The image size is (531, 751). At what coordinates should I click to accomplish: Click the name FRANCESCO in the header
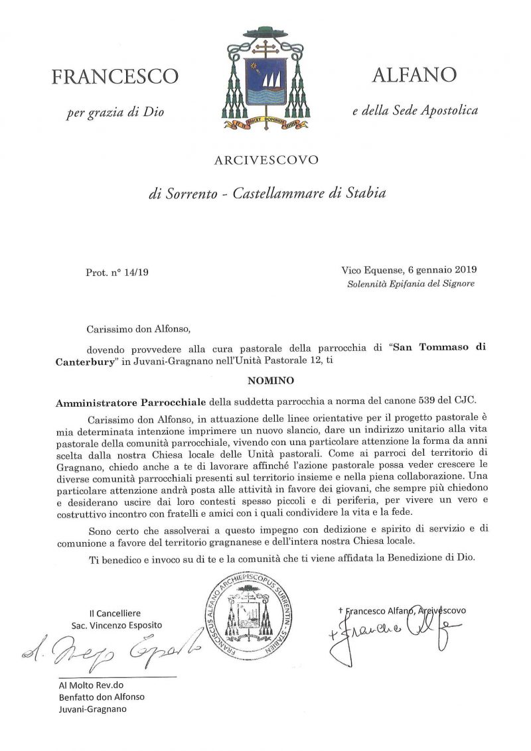(114, 77)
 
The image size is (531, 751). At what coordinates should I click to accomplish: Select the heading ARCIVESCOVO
(265, 159)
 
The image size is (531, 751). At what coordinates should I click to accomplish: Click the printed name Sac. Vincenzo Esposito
(117, 625)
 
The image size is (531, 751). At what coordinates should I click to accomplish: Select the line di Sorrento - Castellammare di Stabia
(266, 194)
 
